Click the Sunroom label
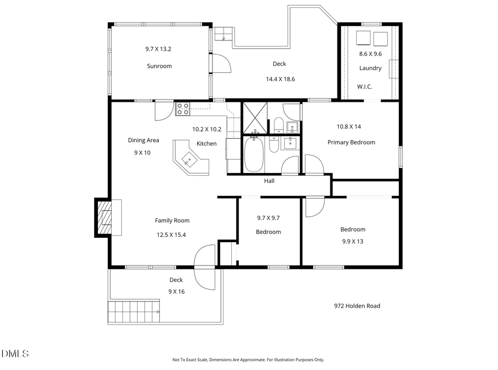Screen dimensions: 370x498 (x=159, y=66)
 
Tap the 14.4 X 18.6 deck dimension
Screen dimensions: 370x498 (x=280, y=79)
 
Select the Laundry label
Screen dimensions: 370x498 (x=370, y=69)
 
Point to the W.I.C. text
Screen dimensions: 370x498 (x=364, y=87)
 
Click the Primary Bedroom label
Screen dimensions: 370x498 (x=351, y=142)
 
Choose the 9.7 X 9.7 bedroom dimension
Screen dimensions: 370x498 (x=268, y=218)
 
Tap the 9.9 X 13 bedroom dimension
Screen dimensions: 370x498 (x=352, y=241)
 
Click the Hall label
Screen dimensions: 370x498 (x=269, y=181)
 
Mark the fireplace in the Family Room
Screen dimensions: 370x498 (x=104, y=217)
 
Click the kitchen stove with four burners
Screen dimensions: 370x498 (x=183, y=109)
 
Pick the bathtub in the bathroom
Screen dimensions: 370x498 (x=255, y=154)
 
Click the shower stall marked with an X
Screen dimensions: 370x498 (x=255, y=117)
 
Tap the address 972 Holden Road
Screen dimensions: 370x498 (x=357, y=306)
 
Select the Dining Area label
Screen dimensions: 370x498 (x=143, y=140)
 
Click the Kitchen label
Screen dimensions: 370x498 (x=206, y=144)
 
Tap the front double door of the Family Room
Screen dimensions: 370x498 (x=205, y=268)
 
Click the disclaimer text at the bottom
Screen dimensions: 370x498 (x=248, y=359)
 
